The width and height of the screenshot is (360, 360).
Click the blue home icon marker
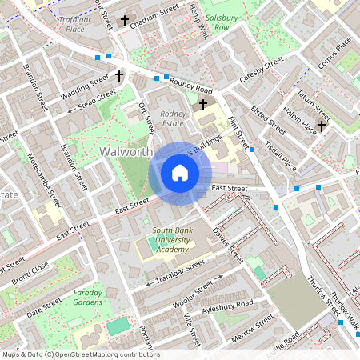180,173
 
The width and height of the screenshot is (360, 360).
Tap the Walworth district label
126,151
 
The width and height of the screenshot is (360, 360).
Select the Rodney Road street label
190,86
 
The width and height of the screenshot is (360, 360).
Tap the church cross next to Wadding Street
119,77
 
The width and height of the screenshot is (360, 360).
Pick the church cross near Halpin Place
321,126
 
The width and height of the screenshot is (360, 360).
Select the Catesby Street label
262,70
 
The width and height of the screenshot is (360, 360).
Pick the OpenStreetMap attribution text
80,354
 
